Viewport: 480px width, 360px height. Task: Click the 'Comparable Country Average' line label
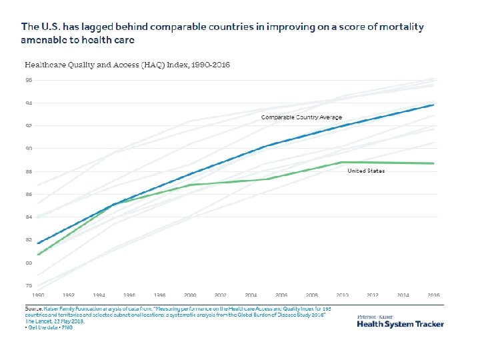[301, 117]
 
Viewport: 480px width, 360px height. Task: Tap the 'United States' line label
[366, 171]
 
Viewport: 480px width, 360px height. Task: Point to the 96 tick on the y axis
[29, 80]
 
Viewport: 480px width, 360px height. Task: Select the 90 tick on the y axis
[29, 149]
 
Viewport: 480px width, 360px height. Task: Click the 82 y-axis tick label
[29, 239]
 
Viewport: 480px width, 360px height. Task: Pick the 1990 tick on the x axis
[39, 294]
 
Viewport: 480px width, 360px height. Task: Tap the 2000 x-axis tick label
[189, 294]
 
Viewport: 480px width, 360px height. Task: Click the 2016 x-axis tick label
[433, 294]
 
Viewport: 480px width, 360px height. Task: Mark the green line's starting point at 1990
[38, 255]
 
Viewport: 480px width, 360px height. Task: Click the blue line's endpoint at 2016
[434, 105]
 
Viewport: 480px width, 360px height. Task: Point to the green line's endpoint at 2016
[434, 163]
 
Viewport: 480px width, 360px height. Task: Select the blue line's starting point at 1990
[38, 243]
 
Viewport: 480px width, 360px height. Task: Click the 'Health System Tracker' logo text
[400, 324]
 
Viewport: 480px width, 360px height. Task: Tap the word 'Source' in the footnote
[33, 309]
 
